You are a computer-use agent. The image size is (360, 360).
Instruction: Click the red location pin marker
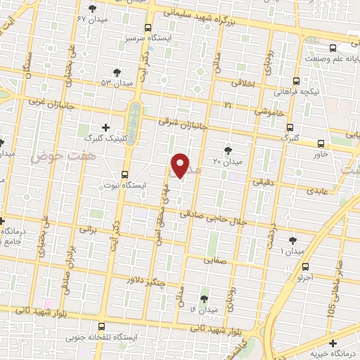point(180,165)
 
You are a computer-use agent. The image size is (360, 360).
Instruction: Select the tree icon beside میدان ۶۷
point(93,8)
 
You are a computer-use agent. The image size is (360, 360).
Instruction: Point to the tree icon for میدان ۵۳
point(117,72)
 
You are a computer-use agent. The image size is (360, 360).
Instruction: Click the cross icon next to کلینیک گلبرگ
point(105,127)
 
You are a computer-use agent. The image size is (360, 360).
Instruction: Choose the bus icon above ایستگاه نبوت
point(126,174)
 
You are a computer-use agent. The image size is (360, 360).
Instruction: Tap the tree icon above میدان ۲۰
point(227,150)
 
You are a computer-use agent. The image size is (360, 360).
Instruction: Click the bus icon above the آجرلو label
point(305,266)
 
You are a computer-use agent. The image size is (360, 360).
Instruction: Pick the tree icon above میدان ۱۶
point(205,298)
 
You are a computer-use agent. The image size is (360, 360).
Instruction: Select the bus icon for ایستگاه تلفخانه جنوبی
point(103,326)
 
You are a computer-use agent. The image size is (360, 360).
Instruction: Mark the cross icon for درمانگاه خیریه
point(332,332)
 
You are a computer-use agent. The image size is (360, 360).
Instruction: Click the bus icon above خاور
point(321,143)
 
